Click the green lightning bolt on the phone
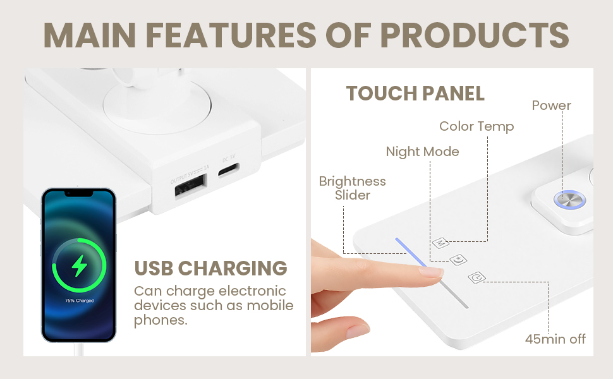point(79,265)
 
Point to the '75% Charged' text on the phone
point(79,301)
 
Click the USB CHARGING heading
point(210,268)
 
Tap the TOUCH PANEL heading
point(415,93)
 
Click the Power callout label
point(551,105)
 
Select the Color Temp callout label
point(476,126)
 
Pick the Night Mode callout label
point(422,152)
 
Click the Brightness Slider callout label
point(352,188)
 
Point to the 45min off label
point(555,339)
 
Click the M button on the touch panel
point(441,242)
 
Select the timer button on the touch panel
point(476,277)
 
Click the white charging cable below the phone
point(79,349)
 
